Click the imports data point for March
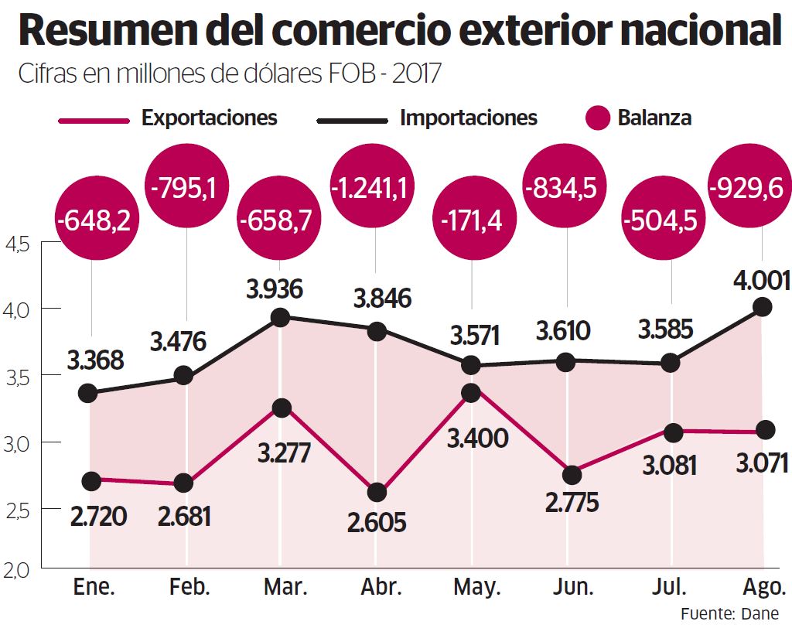pyautogui.click(x=281, y=317)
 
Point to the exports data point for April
pyautogui.click(x=376, y=493)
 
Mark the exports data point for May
pyautogui.click(x=470, y=393)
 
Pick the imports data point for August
pyautogui.click(x=763, y=307)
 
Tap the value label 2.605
pyautogui.click(x=376, y=522)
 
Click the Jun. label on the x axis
pyautogui.click(x=574, y=587)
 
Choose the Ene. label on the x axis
pyautogui.click(x=94, y=587)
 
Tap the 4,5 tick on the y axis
pyautogui.click(x=17, y=244)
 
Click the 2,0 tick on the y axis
pyautogui.click(x=17, y=571)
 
